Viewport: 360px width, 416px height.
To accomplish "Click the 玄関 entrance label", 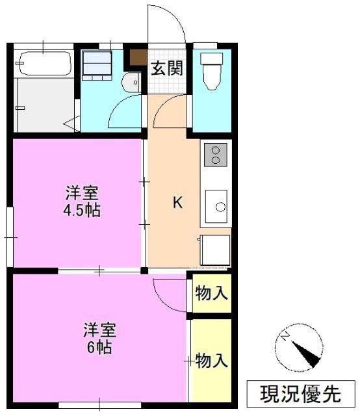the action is click(167, 68).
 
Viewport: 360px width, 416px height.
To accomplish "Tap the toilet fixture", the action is click(212, 71).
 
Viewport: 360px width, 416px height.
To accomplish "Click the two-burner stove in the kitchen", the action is click(216, 155).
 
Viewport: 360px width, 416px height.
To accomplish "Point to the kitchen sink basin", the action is click(216, 206).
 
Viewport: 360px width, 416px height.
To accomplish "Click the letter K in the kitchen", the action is click(178, 203).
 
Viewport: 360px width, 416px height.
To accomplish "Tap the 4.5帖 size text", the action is click(82, 211).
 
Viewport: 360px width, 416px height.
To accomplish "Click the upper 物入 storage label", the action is click(211, 293).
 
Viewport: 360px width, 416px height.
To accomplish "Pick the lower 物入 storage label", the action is click(211, 361).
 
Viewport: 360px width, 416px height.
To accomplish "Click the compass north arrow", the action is click(306, 354).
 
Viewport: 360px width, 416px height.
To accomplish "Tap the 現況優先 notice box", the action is click(301, 394).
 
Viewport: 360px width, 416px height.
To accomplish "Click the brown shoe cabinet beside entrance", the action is click(138, 57).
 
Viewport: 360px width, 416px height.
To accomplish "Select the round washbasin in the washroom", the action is click(131, 83).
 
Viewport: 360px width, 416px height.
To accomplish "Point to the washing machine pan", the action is click(97, 66).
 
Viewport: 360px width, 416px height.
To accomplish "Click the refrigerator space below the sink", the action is click(215, 250).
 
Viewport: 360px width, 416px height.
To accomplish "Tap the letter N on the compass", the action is click(285, 337).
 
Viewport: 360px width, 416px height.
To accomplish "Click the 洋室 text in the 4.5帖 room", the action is click(82, 193).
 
